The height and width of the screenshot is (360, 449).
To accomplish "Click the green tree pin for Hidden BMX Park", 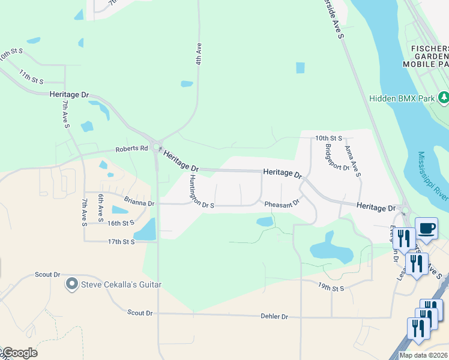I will click(x=444, y=97).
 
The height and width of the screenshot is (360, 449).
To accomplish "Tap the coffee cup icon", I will click(x=426, y=229).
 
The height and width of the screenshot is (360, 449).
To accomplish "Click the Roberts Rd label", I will click(x=131, y=148).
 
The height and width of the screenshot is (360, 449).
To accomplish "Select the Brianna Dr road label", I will click(x=139, y=203).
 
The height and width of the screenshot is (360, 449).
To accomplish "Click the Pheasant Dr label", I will click(x=282, y=204).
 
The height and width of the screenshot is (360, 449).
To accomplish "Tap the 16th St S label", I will click(x=121, y=223).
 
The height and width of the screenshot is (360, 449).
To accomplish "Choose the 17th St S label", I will click(x=121, y=241).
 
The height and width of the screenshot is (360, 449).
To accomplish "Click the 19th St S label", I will click(x=331, y=288).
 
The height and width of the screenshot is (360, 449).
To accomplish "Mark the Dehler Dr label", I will click(x=274, y=316).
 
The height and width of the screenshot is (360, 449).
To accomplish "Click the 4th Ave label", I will click(x=197, y=54).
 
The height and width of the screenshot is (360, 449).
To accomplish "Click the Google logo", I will click(x=20, y=353).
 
